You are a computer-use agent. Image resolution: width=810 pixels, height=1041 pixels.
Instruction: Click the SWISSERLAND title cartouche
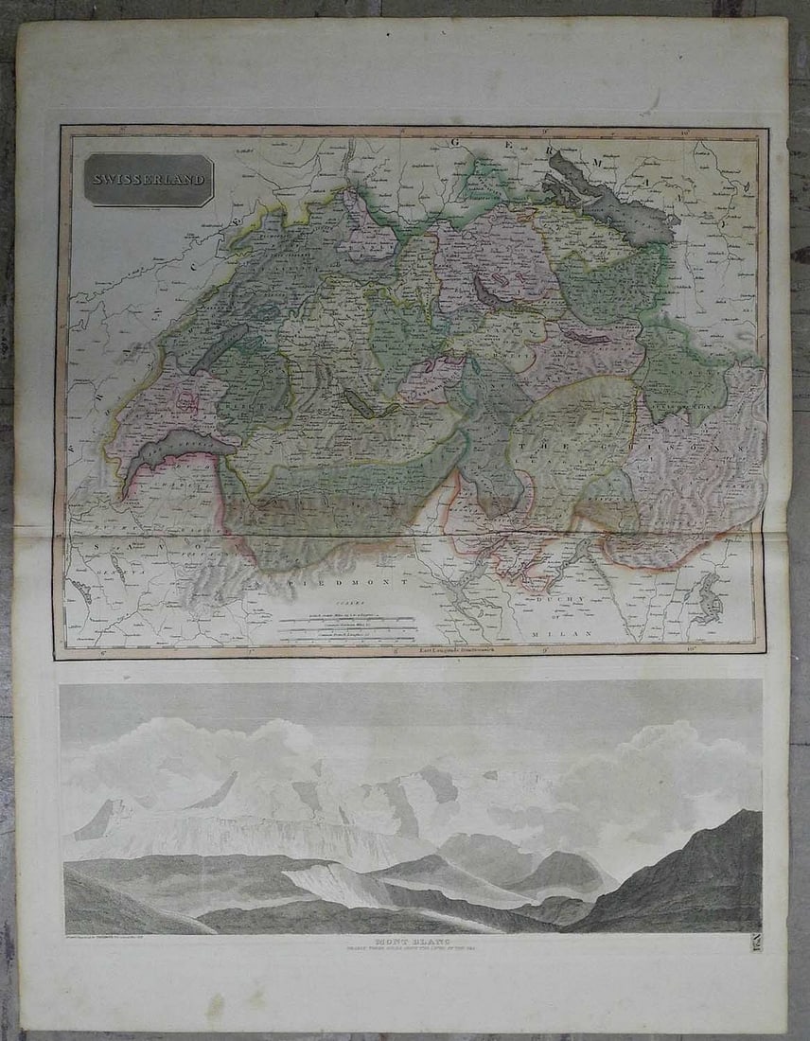pyautogui.click(x=149, y=180)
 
